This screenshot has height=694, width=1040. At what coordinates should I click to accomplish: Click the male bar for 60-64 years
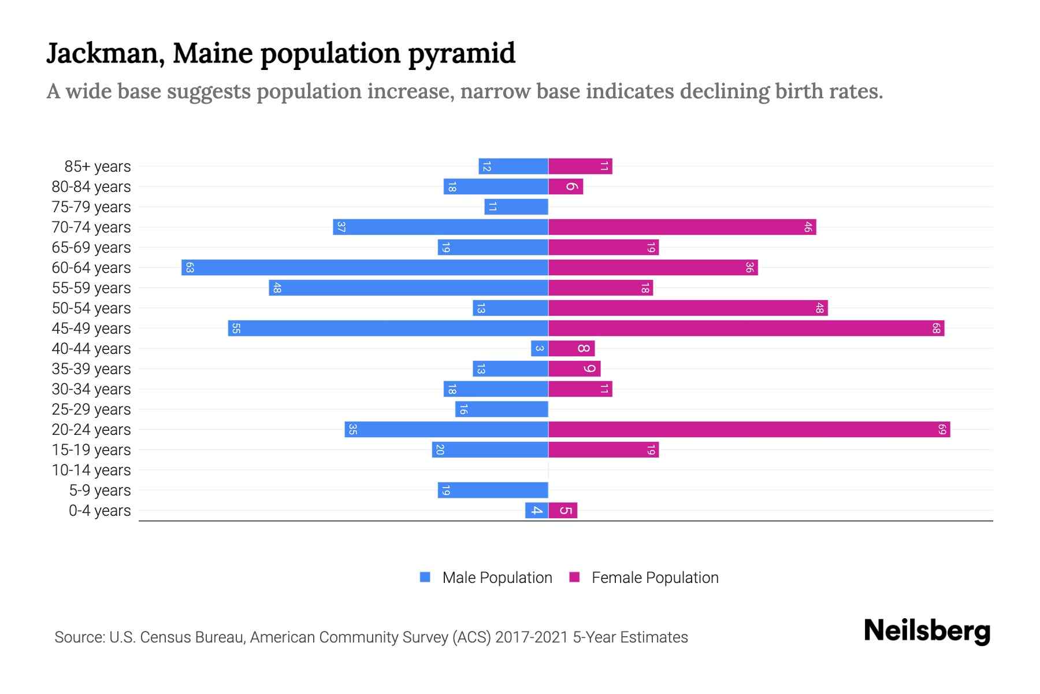[x=364, y=268]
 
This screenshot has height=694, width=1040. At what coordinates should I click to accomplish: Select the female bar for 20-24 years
[x=749, y=430]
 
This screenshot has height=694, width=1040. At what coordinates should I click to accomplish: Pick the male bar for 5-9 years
[x=493, y=490]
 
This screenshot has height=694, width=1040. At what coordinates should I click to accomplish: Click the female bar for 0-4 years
[x=563, y=511]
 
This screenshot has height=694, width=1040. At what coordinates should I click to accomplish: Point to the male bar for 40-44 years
[x=540, y=349]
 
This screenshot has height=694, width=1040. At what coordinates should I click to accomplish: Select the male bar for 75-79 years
[x=516, y=207]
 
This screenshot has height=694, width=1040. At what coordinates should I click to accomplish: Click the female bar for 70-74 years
[x=682, y=227]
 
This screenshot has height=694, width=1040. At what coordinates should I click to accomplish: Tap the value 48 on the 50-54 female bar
[x=819, y=308]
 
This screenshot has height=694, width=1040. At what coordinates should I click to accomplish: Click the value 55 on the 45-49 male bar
[x=236, y=328]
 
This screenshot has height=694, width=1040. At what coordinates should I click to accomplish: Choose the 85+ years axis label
[x=97, y=167]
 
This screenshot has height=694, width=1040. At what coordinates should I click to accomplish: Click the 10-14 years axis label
[x=91, y=470]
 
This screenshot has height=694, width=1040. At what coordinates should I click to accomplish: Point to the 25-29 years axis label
[x=91, y=409]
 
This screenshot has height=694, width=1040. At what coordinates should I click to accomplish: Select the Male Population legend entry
[x=497, y=578]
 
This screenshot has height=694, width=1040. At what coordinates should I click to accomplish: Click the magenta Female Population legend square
[x=574, y=577]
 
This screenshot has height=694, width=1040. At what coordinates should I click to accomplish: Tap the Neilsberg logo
[x=927, y=631]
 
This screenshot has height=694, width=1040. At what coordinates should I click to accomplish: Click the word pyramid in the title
[x=462, y=54]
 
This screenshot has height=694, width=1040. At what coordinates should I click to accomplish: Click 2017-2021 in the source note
[x=532, y=637]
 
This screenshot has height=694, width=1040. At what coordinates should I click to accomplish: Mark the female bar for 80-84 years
[x=566, y=187]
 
